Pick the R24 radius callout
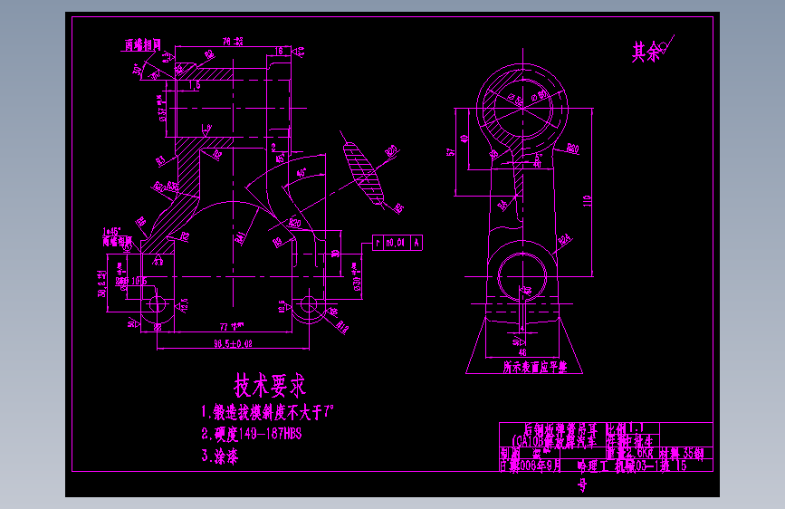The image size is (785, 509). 567,240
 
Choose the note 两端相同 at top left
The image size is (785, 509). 142,43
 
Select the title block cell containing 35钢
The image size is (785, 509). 687,453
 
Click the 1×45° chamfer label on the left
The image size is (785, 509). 112,232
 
